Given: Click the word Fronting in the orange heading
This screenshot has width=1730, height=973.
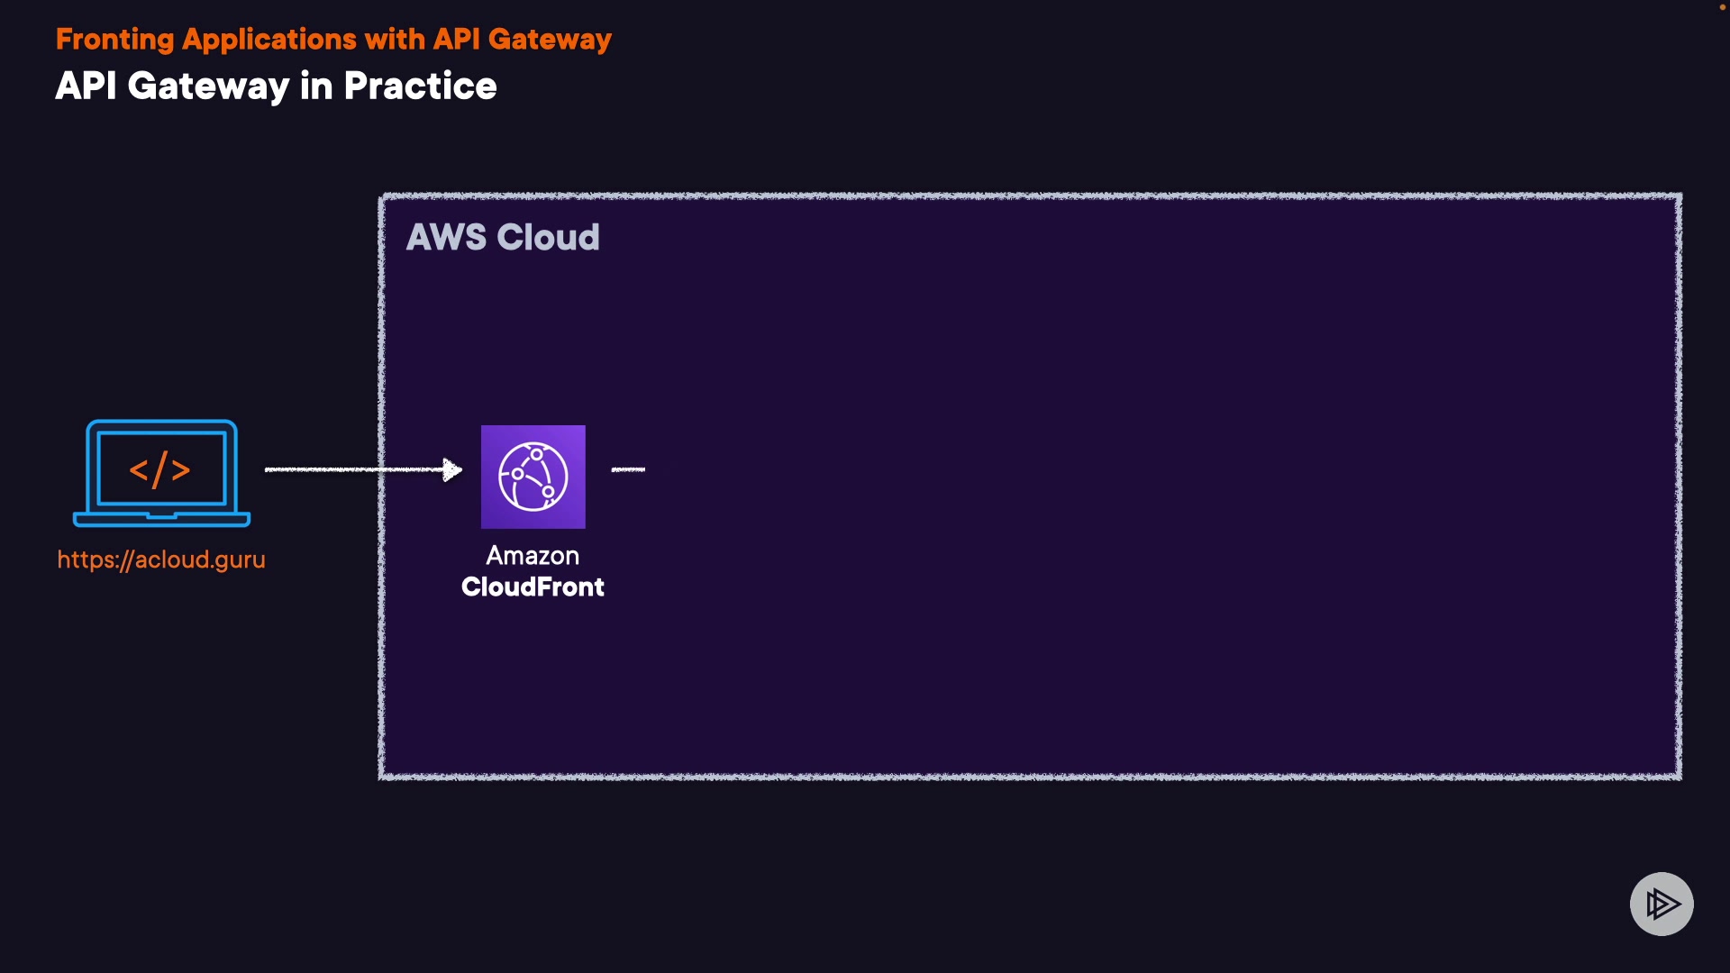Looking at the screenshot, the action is point(114,40).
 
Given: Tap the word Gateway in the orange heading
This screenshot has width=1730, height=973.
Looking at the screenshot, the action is point(550,40).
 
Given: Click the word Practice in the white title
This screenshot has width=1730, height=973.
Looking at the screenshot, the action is point(420,86).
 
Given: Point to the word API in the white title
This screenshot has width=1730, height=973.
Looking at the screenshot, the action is point(86,86).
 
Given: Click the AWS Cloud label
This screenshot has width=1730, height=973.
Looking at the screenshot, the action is point(503,238).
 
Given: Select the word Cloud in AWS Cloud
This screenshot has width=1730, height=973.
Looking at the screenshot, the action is point(548,238).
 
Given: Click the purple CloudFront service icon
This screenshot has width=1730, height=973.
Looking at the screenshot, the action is point(533,477).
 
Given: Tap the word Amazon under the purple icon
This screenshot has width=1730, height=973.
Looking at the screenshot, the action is point(533,556).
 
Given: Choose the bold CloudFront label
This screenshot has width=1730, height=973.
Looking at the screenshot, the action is point(533,587).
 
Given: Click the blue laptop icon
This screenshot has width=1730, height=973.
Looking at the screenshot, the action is point(161,472).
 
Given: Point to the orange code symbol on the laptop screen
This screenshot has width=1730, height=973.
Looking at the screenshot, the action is point(159,469).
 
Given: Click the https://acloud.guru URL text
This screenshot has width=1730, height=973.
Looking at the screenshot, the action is point(161,559).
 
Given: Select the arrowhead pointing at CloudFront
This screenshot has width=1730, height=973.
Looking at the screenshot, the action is point(452,469).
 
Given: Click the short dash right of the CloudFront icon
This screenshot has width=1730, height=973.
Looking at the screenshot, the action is point(628,469).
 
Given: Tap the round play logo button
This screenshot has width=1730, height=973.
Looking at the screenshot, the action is point(1662,904).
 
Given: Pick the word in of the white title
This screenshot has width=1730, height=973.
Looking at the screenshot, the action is point(316,86).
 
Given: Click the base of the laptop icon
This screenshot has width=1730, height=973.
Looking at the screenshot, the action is point(161,519).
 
